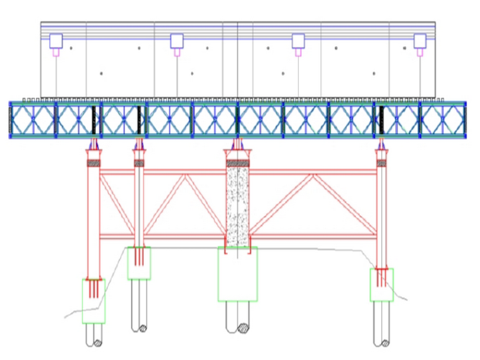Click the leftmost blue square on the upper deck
click(x=56, y=41)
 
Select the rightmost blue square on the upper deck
click(x=420, y=41)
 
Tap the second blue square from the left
click(x=177, y=41)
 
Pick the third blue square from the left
click(x=298, y=41)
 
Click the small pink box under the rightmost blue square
click(x=420, y=52)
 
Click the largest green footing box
click(x=237, y=273)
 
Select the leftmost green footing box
click(x=93, y=301)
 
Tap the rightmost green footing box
click(x=381, y=285)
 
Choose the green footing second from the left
click(x=139, y=263)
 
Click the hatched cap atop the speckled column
click(x=237, y=163)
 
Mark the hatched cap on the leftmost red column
click(x=93, y=163)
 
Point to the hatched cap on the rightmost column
click(x=381, y=163)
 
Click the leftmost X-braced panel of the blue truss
click(x=33, y=119)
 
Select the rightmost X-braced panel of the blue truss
click(x=443, y=119)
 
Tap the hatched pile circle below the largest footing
click(x=243, y=328)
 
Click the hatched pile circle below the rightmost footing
click(x=386, y=344)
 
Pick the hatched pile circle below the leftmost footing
click(x=98, y=344)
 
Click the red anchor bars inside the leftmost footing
click(x=93, y=287)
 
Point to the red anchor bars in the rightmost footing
click(x=381, y=277)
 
